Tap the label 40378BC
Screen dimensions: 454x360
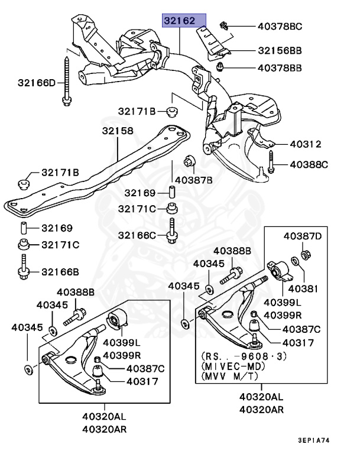coord(280,26)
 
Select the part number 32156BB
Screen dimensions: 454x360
coord(280,51)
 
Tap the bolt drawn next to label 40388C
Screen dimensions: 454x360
coord(271,162)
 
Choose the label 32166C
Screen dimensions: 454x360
coord(137,235)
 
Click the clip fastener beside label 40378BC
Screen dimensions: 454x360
coord(224,25)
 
